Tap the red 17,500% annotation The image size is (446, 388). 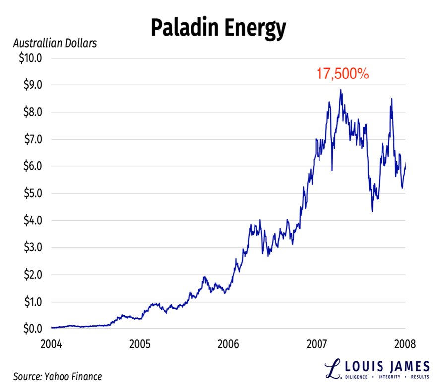[x=343, y=74]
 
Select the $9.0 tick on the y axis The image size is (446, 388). [x=32, y=85]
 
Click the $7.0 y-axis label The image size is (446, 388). [x=32, y=139]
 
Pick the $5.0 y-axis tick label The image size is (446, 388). [x=32, y=193]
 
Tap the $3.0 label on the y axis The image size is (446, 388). [x=32, y=247]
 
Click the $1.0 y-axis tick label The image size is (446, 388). [x=32, y=302]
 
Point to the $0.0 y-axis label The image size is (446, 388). [x=32, y=328]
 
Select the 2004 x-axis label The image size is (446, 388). [x=52, y=343]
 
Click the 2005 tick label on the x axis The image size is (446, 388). [x=140, y=343]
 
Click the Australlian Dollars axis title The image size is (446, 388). [x=55, y=43]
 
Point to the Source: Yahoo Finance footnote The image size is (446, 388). [x=58, y=376]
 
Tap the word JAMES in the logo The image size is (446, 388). [x=408, y=367]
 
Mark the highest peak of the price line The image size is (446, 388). [x=341, y=90]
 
